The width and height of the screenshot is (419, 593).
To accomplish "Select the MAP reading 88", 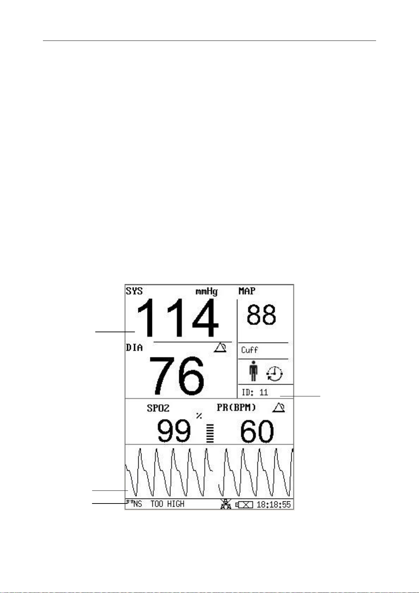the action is click(x=261, y=315).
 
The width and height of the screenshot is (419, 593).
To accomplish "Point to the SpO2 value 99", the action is click(x=174, y=431).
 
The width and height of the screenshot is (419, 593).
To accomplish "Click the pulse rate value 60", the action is click(x=257, y=431).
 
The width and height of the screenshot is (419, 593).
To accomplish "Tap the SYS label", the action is click(x=134, y=291).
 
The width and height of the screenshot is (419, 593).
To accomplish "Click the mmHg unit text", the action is click(x=207, y=292).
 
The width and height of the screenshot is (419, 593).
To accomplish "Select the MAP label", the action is click(x=247, y=291).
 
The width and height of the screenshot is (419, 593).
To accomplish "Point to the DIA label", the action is click(x=134, y=348).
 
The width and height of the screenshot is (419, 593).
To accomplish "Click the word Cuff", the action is click(x=249, y=350).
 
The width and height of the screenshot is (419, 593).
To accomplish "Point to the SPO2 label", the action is click(x=158, y=408).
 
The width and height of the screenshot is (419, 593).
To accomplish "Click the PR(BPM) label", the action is click(x=236, y=408).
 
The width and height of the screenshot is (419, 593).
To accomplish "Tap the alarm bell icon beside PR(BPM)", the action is click(x=278, y=408).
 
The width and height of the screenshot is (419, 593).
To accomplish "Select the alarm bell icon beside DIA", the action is click(x=220, y=348).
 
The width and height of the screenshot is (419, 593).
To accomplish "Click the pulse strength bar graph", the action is click(x=210, y=433).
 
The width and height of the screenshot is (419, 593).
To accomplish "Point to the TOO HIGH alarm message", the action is click(x=167, y=504).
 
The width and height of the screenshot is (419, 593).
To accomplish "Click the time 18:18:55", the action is click(x=274, y=505).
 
